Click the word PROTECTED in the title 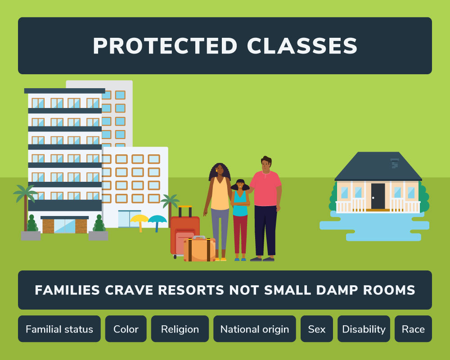point(165,46)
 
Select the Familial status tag point(59,329)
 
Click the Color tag point(126,329)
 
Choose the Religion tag point(180,329)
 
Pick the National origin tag point(255,329)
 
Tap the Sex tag point(317,329)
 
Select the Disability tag point(364,329)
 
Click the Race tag point(413,329)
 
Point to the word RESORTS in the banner point(189,290)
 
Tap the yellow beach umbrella point(139,220)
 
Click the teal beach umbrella point(157,220)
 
